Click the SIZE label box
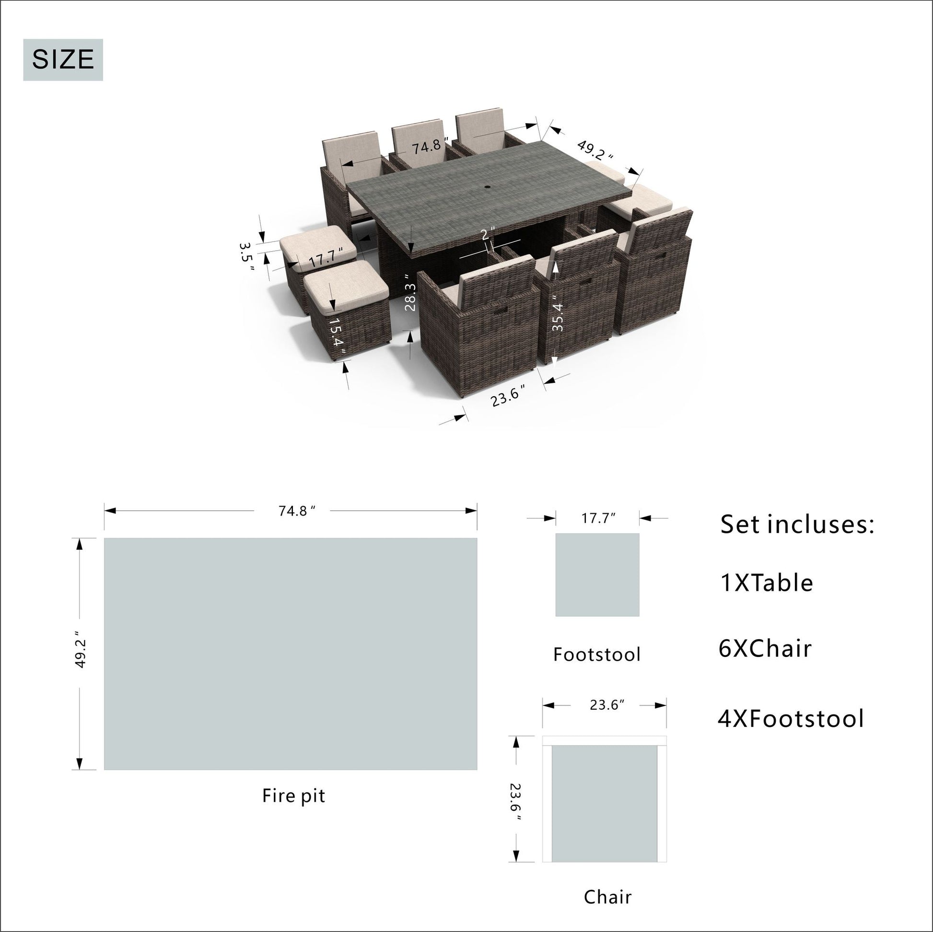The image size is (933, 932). tap(63, 60)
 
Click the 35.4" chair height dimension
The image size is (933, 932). tap(557, 313)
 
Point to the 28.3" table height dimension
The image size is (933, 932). tap(409, 292)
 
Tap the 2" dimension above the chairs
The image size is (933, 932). tap(488, 234)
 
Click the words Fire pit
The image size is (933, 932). tap(293, 795)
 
